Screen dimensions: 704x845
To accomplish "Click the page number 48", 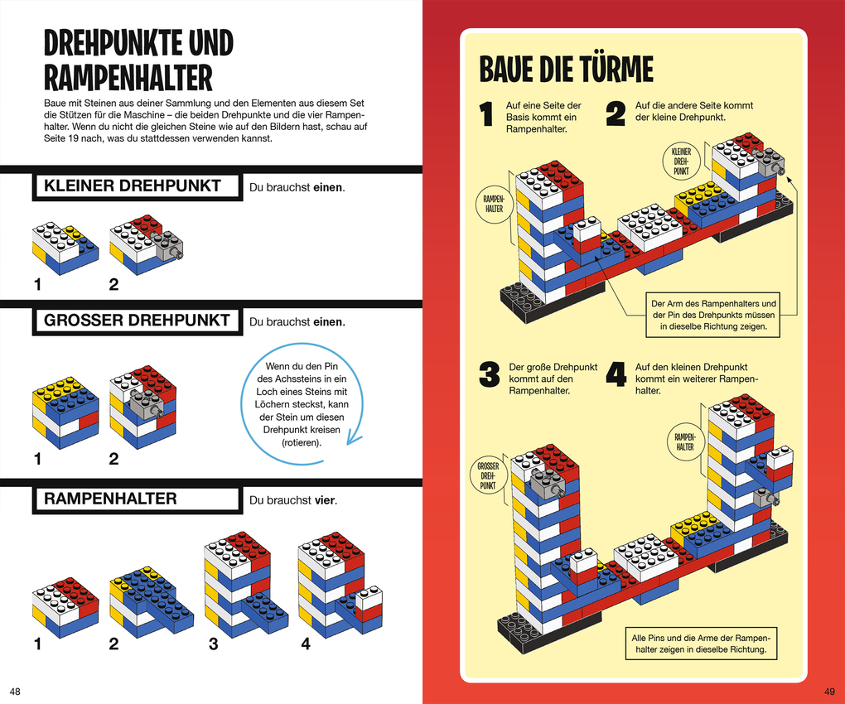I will [15, 691].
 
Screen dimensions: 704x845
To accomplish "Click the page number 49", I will [830, 691].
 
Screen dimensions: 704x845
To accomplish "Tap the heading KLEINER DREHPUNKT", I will [133, 186].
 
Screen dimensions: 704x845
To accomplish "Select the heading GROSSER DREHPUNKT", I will [137, 321].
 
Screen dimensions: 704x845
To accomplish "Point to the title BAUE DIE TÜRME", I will [566, 70].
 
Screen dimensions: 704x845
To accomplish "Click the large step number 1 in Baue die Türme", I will [488, 116].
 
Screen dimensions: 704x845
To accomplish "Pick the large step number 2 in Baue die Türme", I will [615, 114].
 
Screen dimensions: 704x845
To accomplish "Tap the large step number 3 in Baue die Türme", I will [490, 374].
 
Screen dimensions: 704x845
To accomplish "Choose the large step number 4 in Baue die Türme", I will [616, 374].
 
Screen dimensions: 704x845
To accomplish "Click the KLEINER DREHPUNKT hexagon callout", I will [682, 161].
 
